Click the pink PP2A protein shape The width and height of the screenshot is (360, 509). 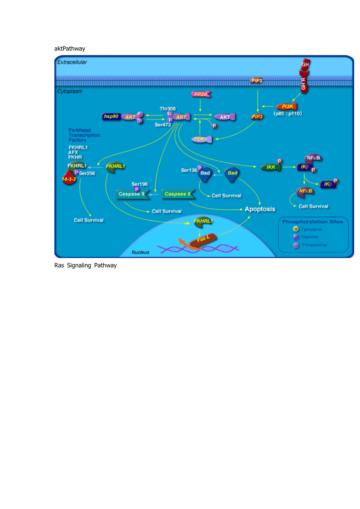coord(201,94)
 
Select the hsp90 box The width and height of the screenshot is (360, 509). coord(111,116)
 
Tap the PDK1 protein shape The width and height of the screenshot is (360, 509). coord(202,139)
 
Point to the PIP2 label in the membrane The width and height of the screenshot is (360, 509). coord(257,81)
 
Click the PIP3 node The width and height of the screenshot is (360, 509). coord(257,117)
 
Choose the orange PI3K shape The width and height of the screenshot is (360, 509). coord(287,106)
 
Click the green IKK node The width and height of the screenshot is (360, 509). coord(271,167)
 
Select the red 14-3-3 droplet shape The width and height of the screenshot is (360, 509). coord(69,178)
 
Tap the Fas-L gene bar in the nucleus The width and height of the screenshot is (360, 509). coord(203,239)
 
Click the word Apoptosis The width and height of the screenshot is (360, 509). coord(260,209)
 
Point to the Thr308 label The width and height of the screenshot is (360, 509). coord(167,109)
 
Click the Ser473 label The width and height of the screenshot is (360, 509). coord(163,125)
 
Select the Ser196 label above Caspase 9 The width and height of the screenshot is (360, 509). coord(139,184)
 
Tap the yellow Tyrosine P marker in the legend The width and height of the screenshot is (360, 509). coord(295,229)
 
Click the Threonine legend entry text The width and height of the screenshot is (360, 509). coord(314,245)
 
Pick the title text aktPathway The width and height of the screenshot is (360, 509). coord(70,48)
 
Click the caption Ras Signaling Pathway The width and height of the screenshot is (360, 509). coord(86,265)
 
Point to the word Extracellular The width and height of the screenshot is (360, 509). coord(72,62)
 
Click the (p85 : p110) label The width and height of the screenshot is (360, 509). coord(288,114)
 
